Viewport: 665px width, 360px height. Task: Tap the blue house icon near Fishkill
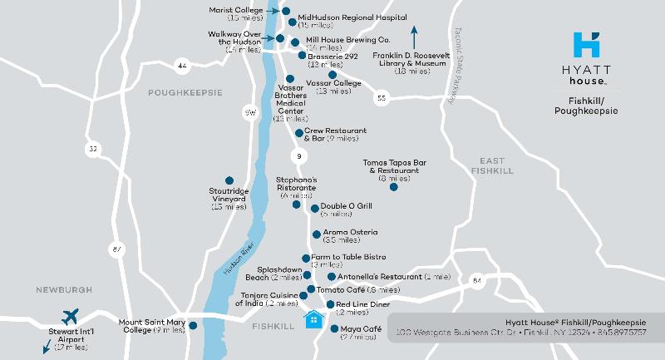pos(314,319)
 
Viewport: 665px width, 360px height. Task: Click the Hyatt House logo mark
pos(589,42)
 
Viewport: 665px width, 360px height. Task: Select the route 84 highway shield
pos(476,281)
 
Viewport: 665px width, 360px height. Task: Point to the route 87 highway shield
pos(116,249)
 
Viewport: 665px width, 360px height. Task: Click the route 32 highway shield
pos(94,149)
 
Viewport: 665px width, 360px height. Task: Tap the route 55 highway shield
pos(382,98)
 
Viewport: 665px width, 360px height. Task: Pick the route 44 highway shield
pos(182,65)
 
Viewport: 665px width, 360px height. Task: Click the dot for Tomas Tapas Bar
pos(394,187)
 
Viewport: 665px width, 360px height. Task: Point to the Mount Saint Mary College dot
pos(193,325)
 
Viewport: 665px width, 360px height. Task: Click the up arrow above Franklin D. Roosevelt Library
pos(414,37)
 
